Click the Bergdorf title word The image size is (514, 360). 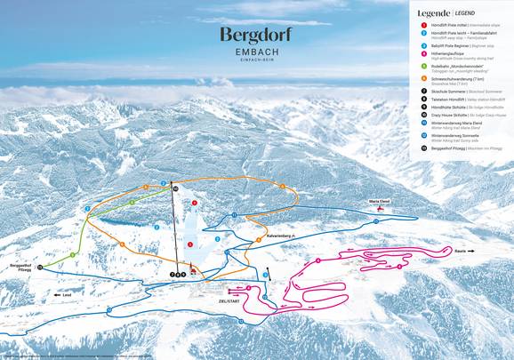tap(256, 36)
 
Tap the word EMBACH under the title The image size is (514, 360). tap(256, 55)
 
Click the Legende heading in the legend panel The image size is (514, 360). tap(432, 14)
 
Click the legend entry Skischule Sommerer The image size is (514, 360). tap(454, 92)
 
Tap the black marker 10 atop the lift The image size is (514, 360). tap(175, 189)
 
